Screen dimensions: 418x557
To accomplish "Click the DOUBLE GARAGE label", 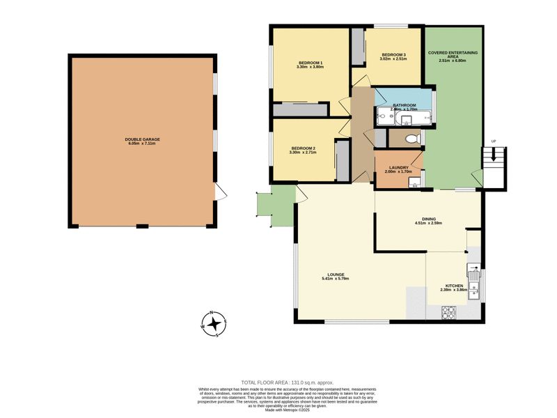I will click(142, 139).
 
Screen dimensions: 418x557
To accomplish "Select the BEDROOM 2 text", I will click(304, 148).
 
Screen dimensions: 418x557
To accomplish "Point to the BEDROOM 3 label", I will click(393, 55).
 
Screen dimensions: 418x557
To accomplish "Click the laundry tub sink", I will click(414, 183).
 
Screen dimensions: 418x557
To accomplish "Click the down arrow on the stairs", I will click(494, 160).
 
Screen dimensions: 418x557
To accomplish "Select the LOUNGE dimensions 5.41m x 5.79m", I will click(335, 279).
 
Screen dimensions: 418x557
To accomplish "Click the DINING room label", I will click(428, 219).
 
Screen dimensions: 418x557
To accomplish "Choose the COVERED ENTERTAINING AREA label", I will click(452, 56).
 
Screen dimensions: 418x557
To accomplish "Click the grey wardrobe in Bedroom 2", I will click(341, 160).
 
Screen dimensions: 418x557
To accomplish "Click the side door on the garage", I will click(219, 189).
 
